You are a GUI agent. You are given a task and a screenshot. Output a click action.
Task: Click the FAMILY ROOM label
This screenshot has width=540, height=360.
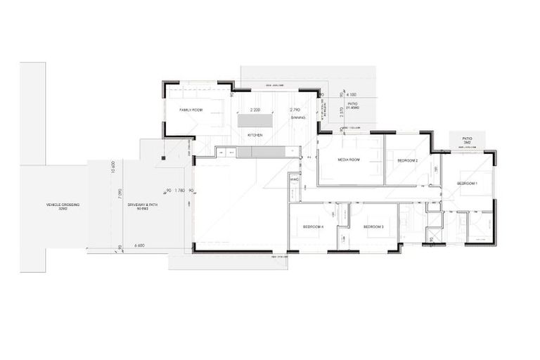[191, 110]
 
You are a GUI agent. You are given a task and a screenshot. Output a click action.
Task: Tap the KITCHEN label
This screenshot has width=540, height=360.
[254, 134]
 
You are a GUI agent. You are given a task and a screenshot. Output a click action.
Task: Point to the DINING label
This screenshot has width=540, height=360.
[298, 117]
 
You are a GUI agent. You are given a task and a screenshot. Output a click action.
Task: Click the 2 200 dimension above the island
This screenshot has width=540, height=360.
[255, 110]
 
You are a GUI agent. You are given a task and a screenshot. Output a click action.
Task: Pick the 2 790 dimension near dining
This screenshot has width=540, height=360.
[295, 110]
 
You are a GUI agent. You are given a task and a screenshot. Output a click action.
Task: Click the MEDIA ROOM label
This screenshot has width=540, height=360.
[349, 160]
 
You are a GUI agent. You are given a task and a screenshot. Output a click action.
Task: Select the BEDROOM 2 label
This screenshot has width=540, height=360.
[408, 160]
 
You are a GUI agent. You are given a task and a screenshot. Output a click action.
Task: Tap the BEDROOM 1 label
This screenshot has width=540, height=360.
[468, 184]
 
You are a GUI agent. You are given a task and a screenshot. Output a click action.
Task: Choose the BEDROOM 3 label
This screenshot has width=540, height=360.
[373, 227]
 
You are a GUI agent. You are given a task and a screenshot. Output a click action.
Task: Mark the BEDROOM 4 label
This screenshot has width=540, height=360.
[313, 227]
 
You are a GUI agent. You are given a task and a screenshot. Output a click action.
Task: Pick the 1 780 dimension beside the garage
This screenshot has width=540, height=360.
[179, 190]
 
